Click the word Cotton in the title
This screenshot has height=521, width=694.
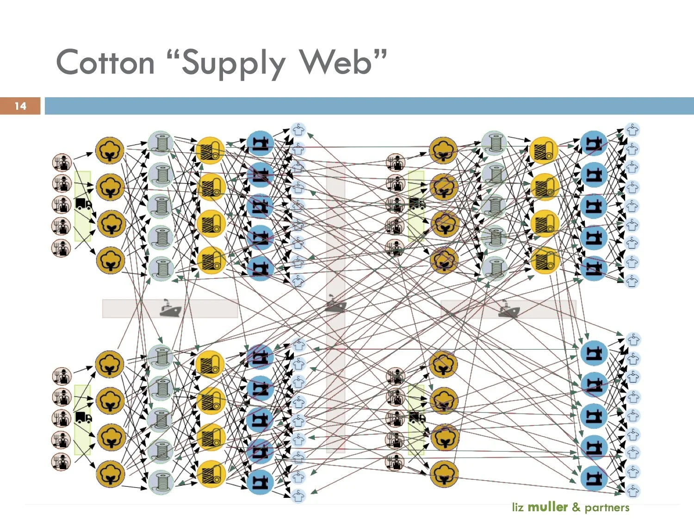pos(105,63)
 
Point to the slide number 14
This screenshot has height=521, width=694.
pos(20,106)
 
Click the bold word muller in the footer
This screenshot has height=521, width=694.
pos(547,507)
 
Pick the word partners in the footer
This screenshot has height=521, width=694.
pos(607,508)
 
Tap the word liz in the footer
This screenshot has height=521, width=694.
pos(518,507)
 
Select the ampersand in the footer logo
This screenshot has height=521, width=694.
pos(576,507)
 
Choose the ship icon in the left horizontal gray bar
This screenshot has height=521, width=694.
pos(170,308)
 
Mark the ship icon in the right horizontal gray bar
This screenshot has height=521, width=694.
pos(508,309)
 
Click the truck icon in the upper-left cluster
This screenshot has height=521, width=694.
pos(83,204)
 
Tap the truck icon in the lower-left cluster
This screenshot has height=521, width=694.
pos(83,418)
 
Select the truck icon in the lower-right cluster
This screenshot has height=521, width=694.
pos(417,418)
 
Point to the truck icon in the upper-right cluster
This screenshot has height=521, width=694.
pos(416,204)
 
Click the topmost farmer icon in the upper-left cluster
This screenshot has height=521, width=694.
pos(62,163)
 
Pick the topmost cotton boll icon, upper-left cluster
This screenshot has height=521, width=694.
pos(110,151)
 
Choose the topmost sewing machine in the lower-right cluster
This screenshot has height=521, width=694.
pos(594,353)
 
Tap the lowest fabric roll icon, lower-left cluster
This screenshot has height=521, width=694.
pos(211,474)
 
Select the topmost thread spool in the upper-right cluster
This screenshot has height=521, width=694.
pos(495,143)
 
